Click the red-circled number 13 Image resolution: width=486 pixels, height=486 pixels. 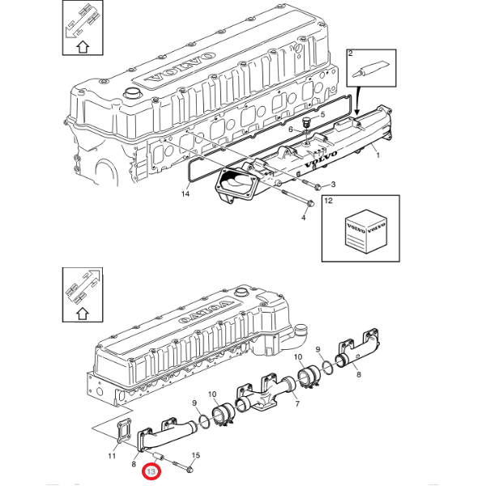pos(151,469)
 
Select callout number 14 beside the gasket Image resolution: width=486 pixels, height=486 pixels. pos(185,194)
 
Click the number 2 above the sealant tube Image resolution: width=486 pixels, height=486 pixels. pos(351,53)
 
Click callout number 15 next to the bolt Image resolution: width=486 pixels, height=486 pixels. pos(195,456)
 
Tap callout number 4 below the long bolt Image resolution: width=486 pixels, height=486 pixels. pos(304,217)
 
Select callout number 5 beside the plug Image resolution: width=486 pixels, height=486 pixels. pos(322,115)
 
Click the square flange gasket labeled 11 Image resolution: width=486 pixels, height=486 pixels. pos(122,432)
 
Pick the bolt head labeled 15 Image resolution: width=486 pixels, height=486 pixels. pos(188,468)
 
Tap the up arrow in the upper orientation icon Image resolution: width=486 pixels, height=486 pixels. pos(82,45)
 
